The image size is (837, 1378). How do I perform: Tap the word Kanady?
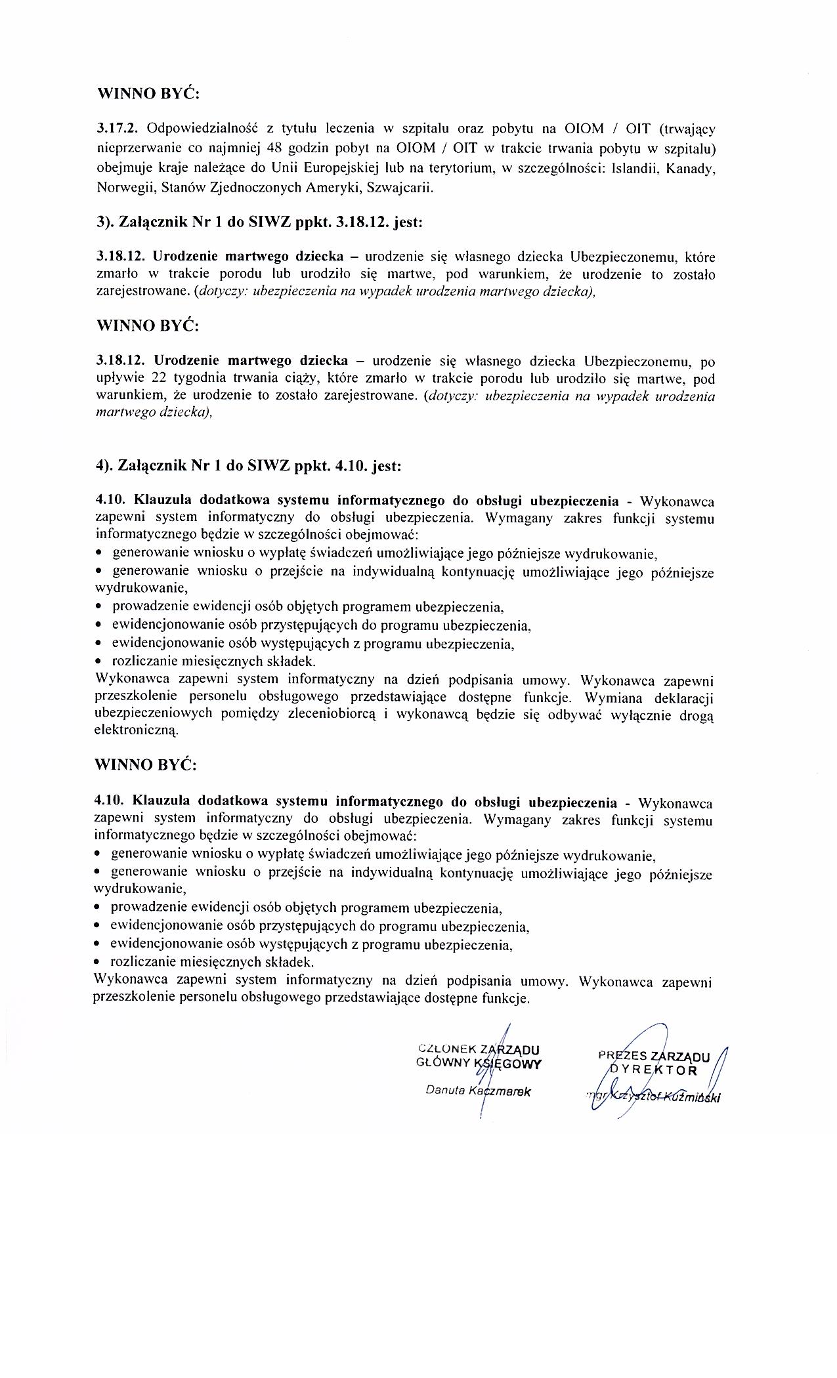[x=691, y=169]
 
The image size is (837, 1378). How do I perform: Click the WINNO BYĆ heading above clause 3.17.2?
[x=148, y=93]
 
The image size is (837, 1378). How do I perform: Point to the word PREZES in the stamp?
[x=622, y=1056]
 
